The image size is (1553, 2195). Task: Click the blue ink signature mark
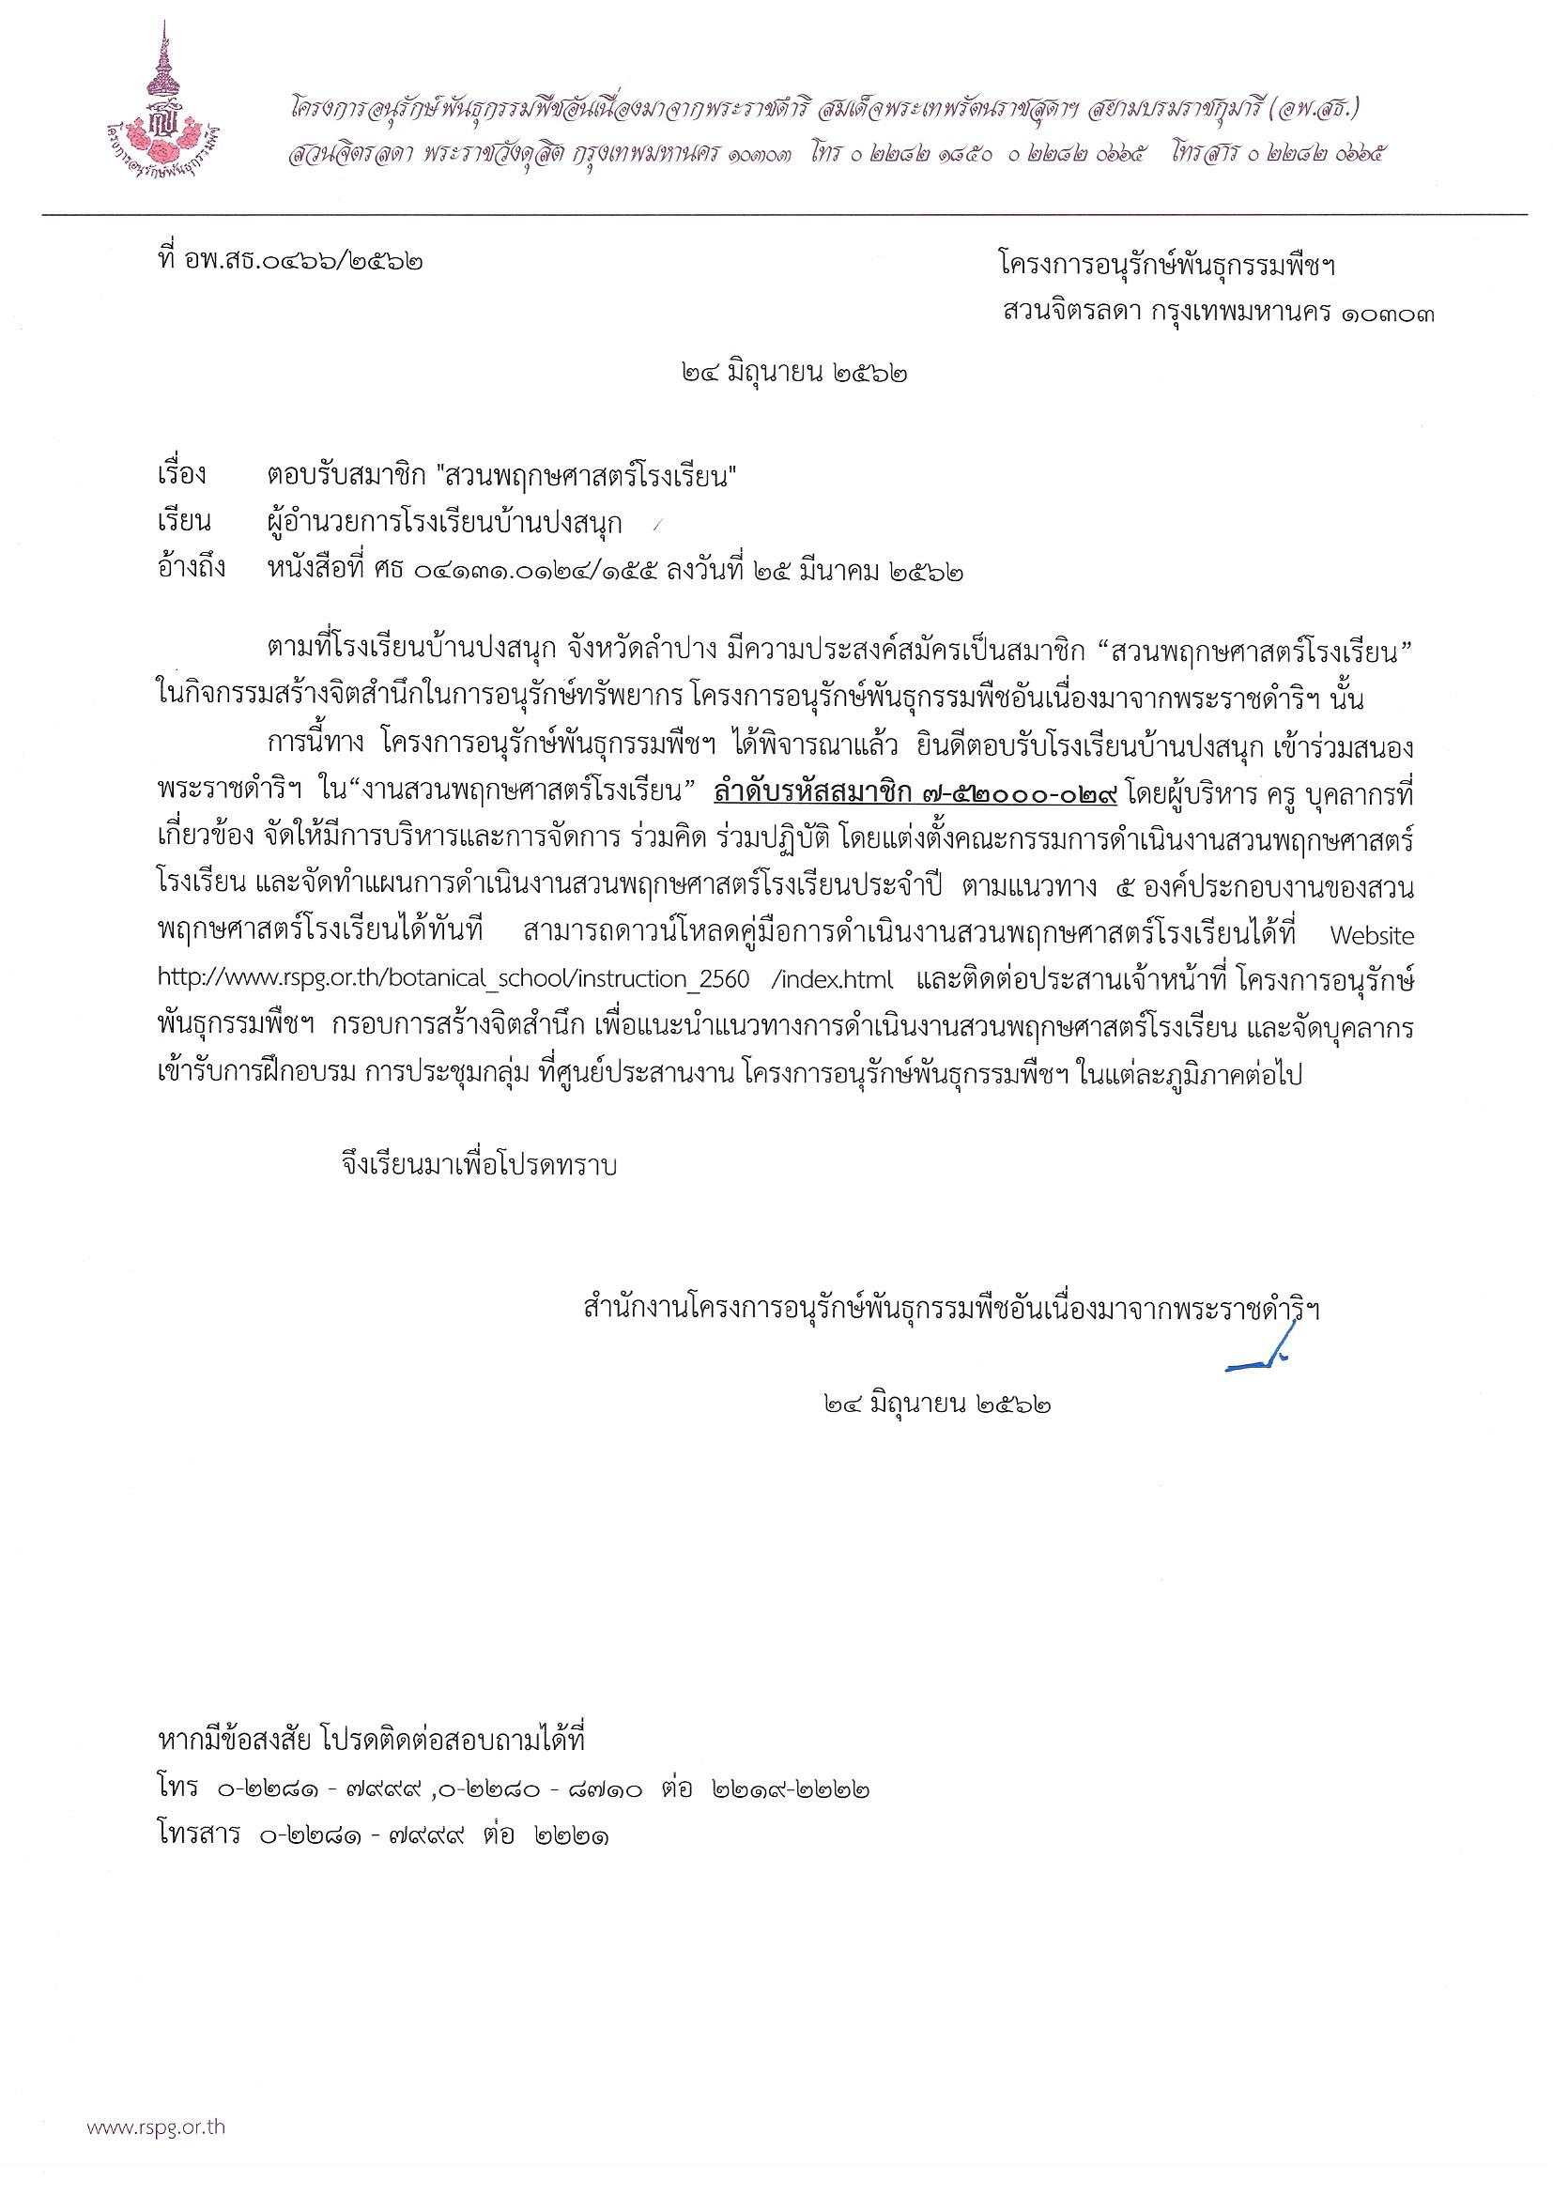point(1260,1357)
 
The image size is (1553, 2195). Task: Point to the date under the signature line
point(936,1404)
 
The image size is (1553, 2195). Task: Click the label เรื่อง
point(182,475)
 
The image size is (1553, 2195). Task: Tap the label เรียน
point(183,523)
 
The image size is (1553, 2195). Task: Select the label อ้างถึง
point(192,571)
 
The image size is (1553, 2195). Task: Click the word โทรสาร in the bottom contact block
point(198,1835)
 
